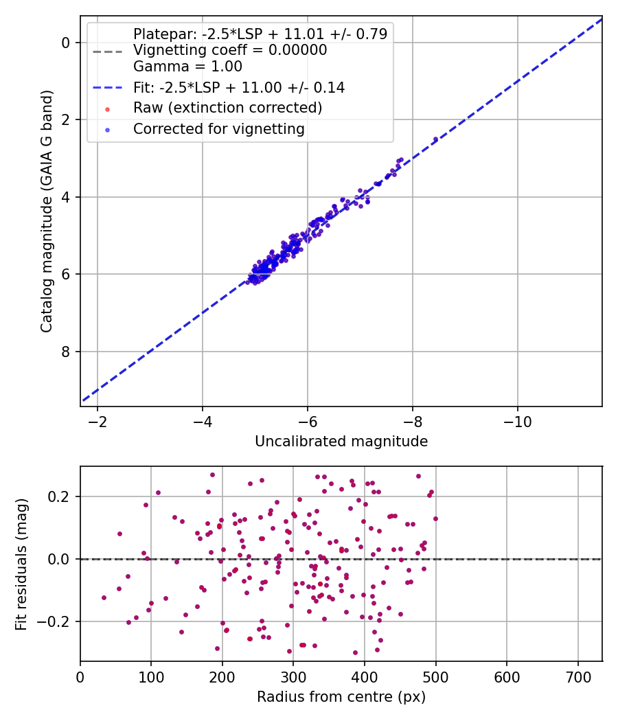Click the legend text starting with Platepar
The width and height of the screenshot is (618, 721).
(x=260, y=34)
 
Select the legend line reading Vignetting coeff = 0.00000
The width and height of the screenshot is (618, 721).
(x=230, y=50)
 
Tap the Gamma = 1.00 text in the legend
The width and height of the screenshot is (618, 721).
(x=187, y=67)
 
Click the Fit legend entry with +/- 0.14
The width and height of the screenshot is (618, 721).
(x=239, y=88)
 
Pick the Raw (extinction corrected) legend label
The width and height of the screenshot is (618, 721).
(x=227, y=108)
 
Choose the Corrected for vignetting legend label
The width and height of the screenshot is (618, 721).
(x=219, y=128)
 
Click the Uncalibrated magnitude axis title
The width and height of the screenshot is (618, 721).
(x=341, y=442)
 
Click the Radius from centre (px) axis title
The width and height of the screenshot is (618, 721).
(x=341, y=697)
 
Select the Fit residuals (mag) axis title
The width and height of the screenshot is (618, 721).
(x=21, y=563)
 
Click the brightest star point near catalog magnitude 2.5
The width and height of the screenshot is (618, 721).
(x=435, y=139)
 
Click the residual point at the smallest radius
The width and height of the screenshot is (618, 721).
(x=104, y=597)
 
